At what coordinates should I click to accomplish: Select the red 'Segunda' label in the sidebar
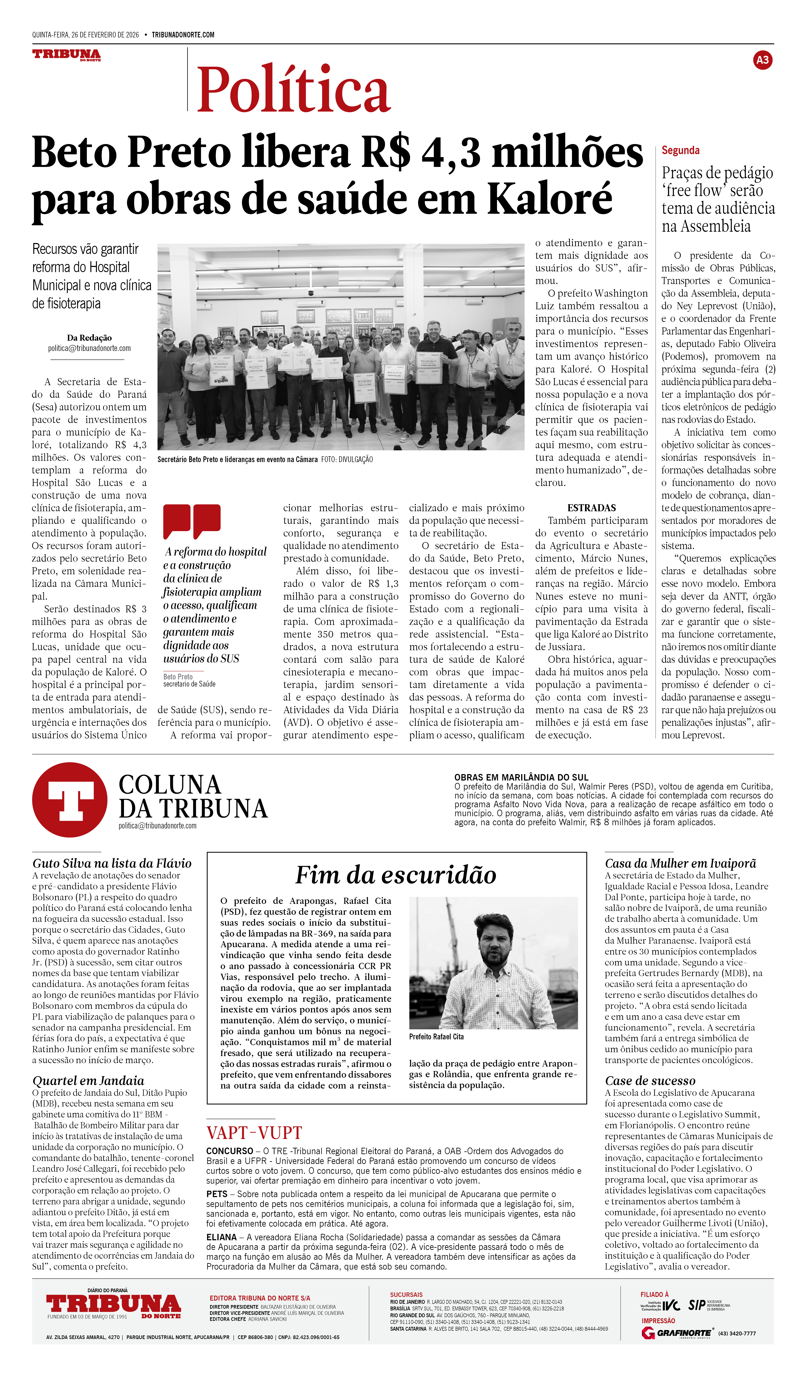[680, 150]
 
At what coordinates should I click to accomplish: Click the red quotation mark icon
[192, 522]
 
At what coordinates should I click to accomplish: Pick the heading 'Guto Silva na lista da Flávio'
[112, 863]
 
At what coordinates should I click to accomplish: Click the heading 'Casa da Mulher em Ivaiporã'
[680, 863]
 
